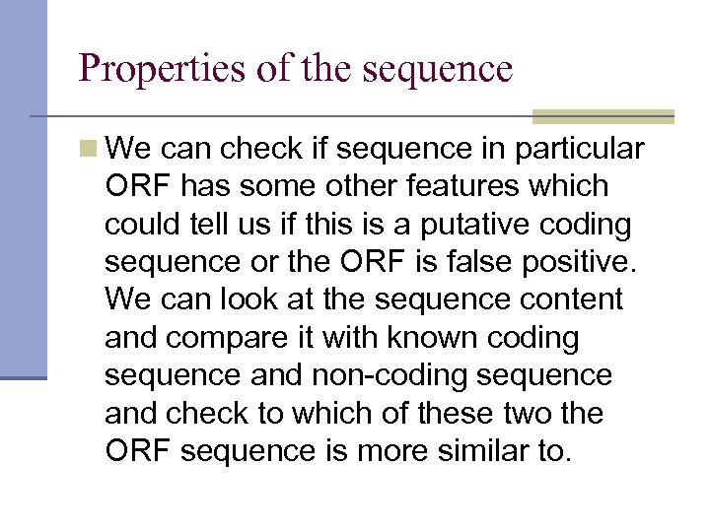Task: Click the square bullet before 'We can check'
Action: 90,149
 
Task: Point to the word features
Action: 459,186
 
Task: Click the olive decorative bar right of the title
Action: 603,116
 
